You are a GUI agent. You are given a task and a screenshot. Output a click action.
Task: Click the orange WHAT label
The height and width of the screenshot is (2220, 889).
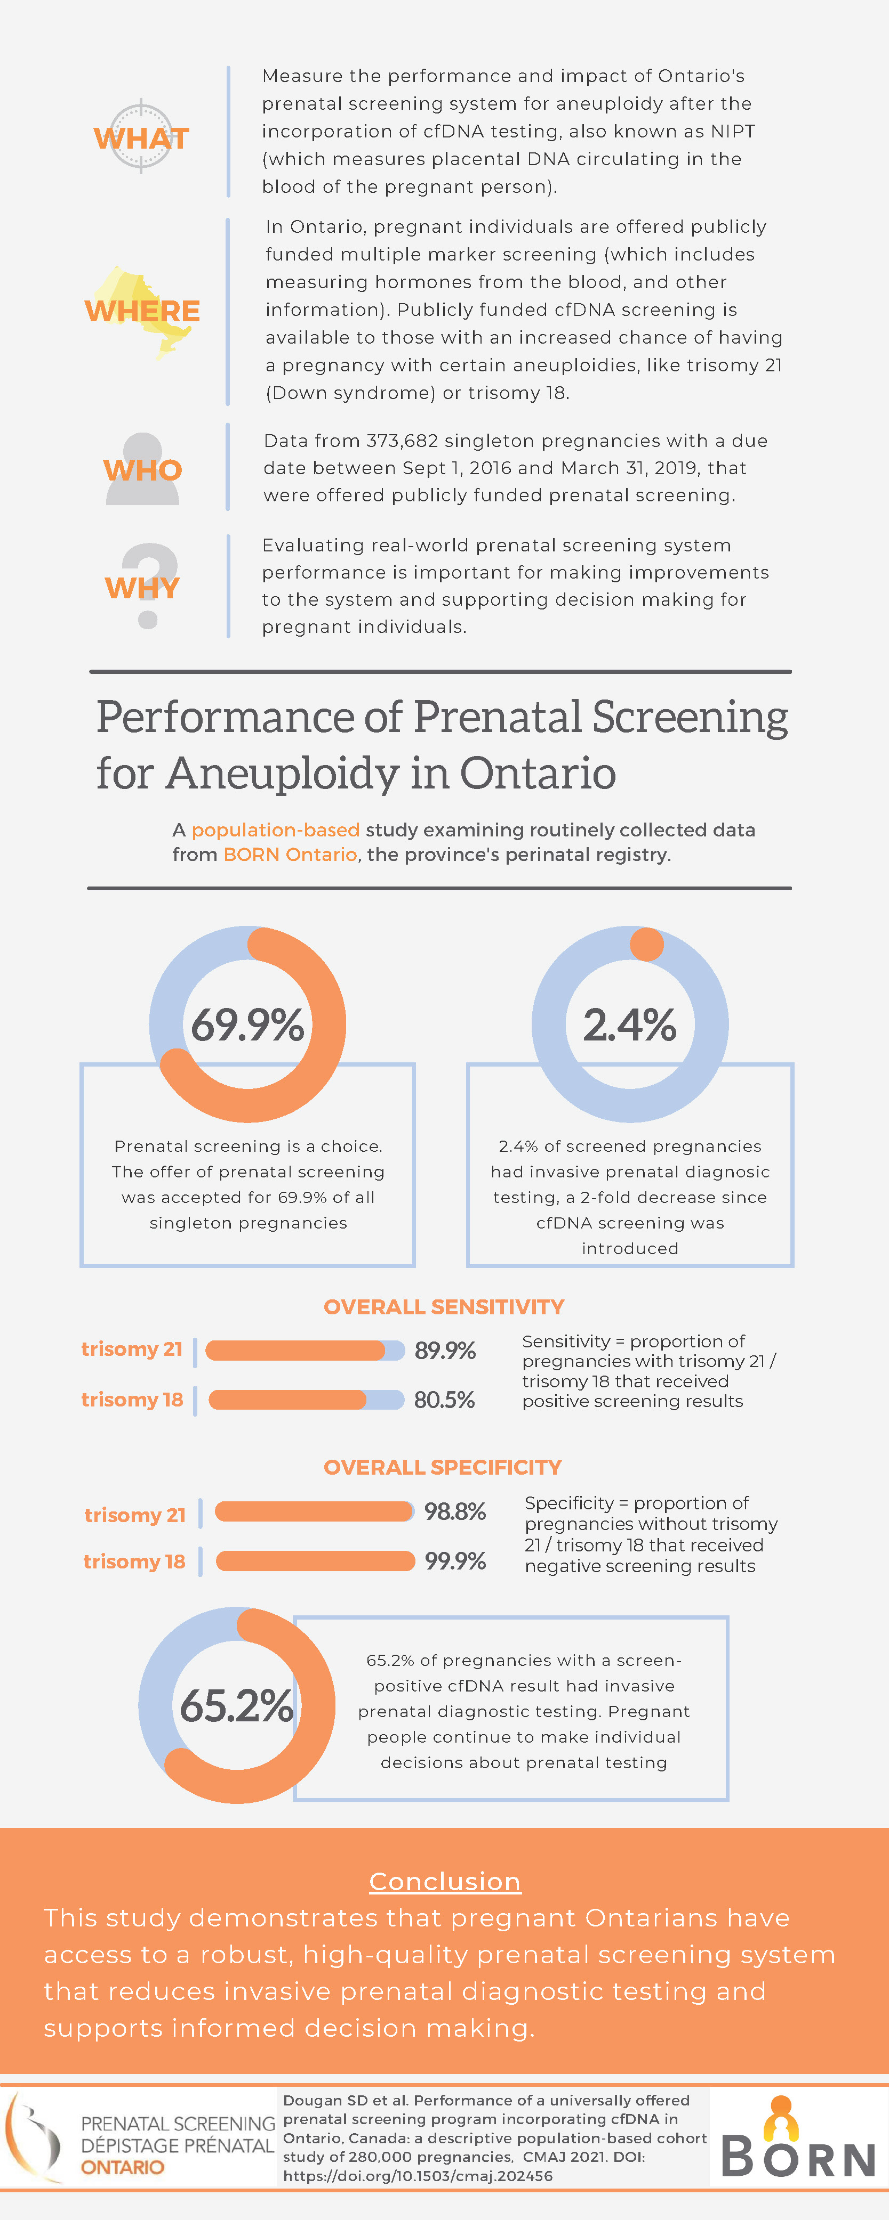pyautogui.click(x=141, y=138)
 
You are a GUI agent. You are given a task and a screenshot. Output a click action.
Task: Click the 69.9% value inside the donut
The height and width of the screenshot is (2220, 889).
pyautogui.click(x=247, y=1024)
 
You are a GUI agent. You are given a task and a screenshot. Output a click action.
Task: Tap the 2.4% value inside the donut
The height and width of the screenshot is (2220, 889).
pyautogui.click(x=629, y=1024)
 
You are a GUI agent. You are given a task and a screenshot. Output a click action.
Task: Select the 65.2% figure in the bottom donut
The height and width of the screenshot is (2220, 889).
pyautogui.click(x=236, y=1705)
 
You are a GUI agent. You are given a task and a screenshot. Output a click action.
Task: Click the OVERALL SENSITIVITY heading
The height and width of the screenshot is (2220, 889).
pyautogui.click(x=443, y=1306)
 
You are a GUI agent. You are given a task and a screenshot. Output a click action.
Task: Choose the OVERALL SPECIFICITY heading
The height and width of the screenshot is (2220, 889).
pyautogui.click(x=442, y=1467)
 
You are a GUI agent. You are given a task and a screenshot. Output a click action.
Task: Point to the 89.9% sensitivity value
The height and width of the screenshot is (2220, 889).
pyautogui.click(x=445, y=1351)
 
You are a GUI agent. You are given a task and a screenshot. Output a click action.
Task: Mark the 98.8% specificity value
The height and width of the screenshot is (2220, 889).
pyautogui.click(x=454, y=1511)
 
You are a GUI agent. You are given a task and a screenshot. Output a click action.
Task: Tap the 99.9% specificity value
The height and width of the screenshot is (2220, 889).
pyautogui.click(x=454, y=1561)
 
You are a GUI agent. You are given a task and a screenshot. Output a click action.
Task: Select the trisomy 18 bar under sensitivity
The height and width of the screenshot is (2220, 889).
pyautogui.click(x=306, y=1400)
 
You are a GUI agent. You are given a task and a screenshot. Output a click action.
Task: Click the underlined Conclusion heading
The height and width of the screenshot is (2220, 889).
pyautogui.click(x=445, y=1881)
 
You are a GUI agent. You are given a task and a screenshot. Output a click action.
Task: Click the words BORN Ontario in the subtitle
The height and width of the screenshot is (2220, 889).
pyautogui.click(x=290, y=854)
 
